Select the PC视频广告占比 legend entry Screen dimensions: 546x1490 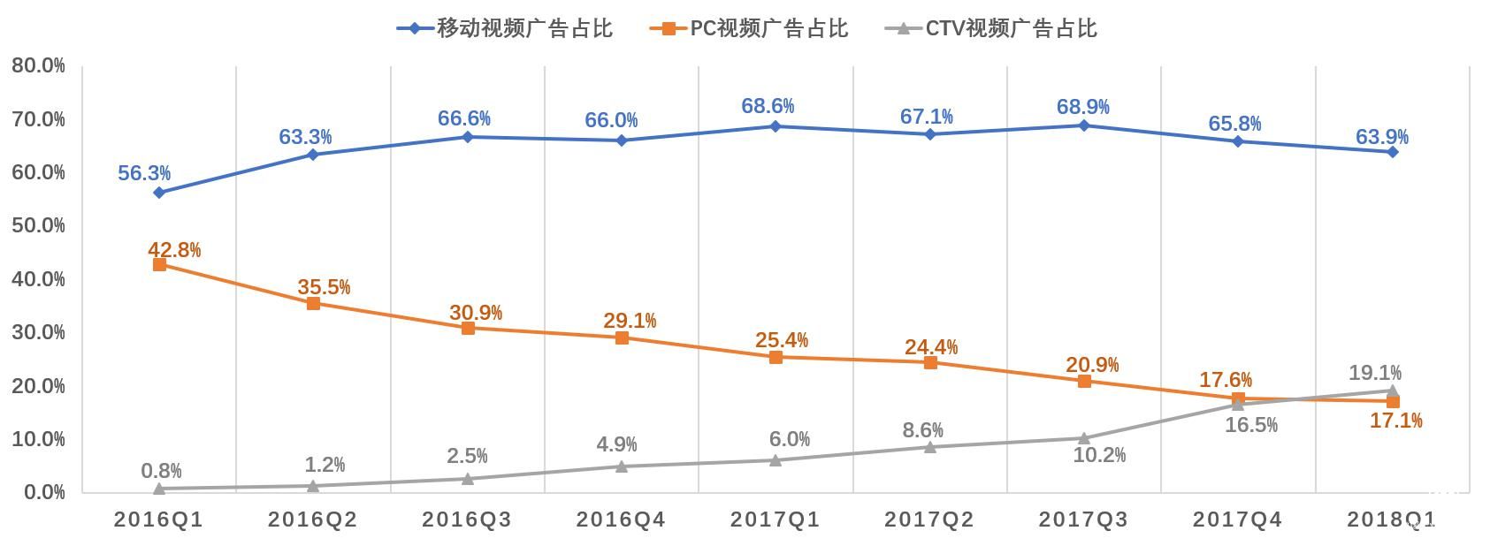tap(750, 28)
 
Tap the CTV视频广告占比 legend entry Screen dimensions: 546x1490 tap(992, 28)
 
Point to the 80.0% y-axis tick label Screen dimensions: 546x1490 tap(39, 65)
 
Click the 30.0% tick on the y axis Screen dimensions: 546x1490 tap(39, 332)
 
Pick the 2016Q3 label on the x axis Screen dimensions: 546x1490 tap(467, 519)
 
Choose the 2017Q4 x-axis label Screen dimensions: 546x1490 tap(1237, 519)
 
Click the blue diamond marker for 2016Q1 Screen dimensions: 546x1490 tap(159, 193)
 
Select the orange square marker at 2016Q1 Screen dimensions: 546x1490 tap(159, 264)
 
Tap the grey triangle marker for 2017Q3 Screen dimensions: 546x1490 tap(1084, 437)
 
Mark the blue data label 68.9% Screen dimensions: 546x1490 tap(1082, 107)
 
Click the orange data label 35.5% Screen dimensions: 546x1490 tap(324, 287)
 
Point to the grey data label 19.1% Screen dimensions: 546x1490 tap(1374, 373)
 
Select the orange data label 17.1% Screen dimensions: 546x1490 tap(1395, 421)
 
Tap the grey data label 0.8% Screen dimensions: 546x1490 tap(161, 472)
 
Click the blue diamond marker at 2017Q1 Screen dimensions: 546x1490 tap(776, 126)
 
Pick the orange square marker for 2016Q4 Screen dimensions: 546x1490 tap(622, 337)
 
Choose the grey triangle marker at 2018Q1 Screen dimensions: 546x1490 tap(1392, 391)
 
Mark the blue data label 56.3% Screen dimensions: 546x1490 tap(144, 173)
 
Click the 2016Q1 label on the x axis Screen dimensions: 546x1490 tap(158, 519)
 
